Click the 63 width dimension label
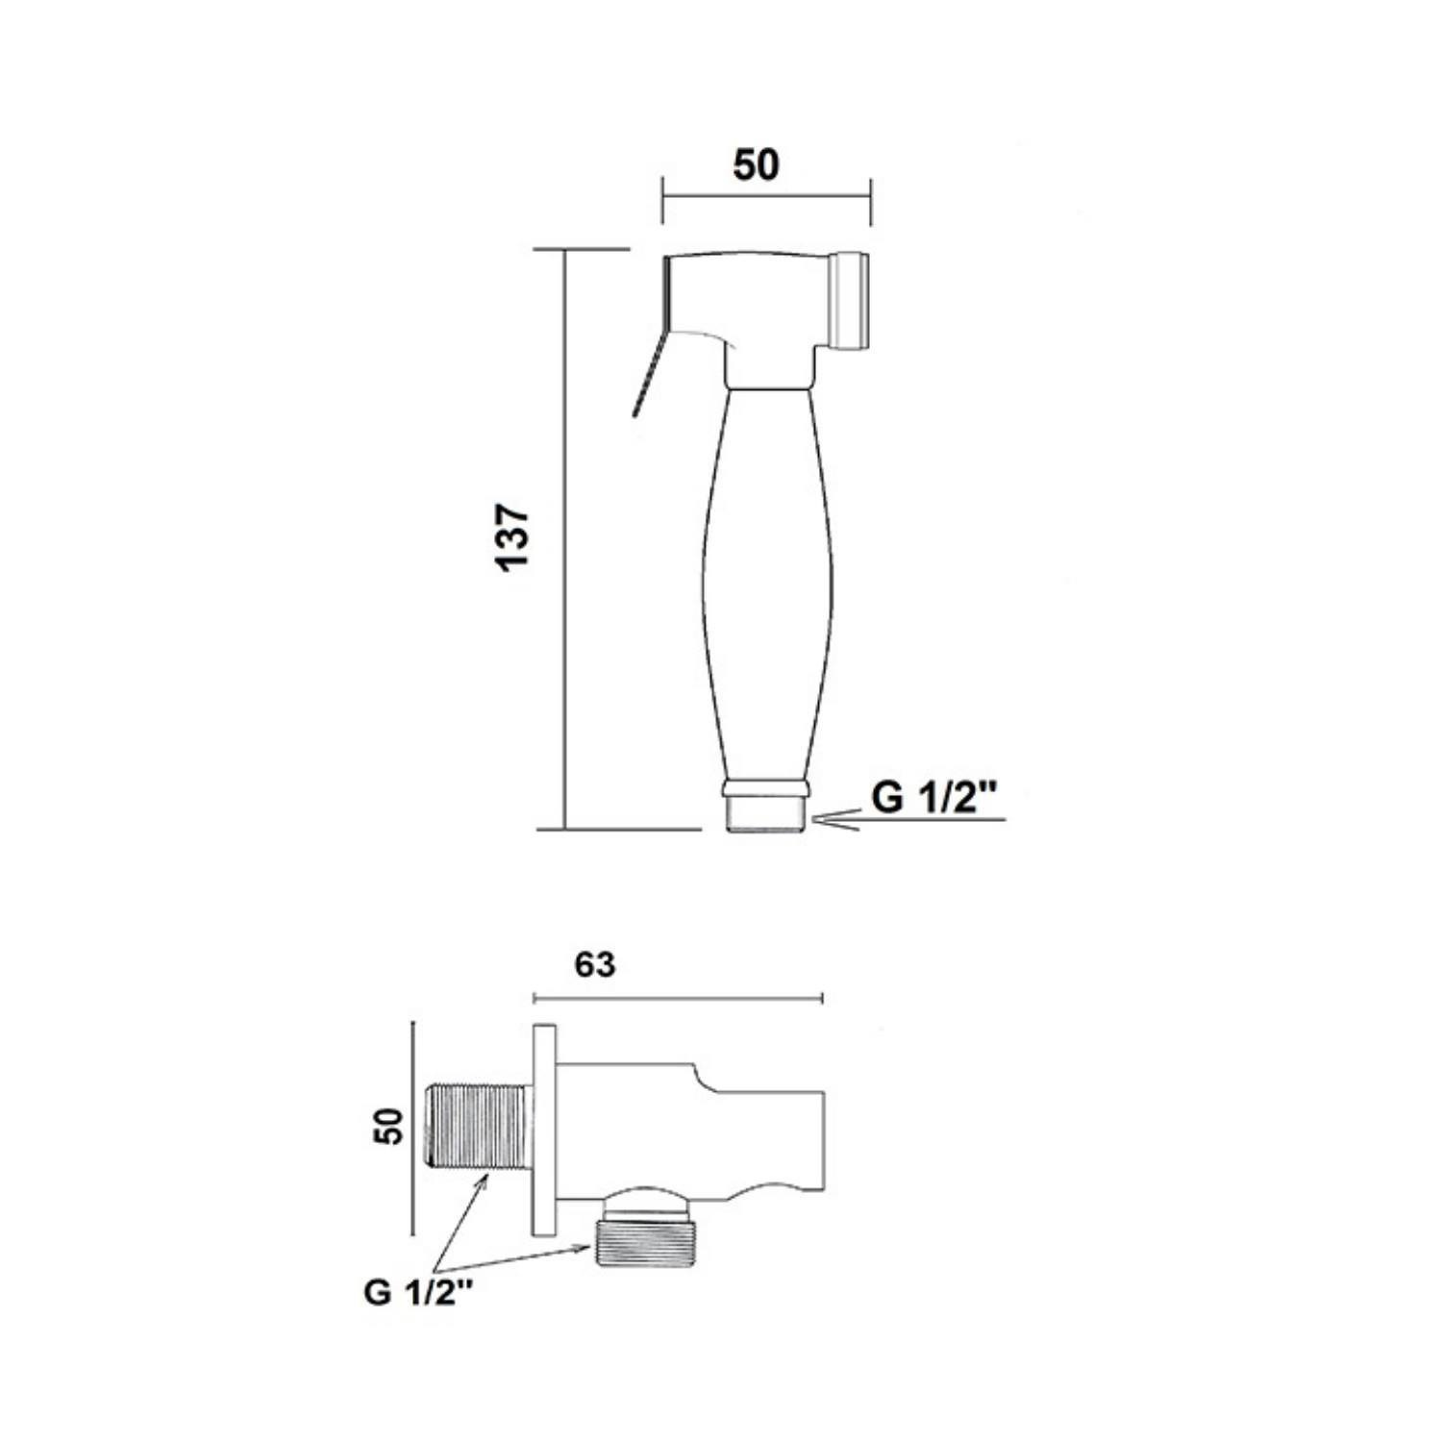pyautogui.click(x=595, y=964)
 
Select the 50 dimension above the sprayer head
pyautogui.click(x=757, y=165)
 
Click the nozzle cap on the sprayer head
pyautogui.click(x=851, y=299)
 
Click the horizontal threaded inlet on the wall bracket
pyautogui.click(x=477, y=1127)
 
